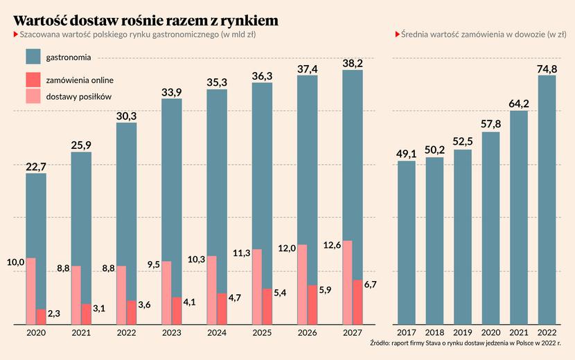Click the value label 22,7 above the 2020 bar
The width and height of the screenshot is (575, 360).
click(x=36, y=165)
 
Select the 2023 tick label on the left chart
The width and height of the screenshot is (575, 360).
click(x=171, y=333)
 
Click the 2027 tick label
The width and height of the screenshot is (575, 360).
click(x=352, y=333)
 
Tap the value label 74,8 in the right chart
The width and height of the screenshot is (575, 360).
click(x=546, y=67)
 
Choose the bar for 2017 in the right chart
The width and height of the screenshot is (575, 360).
click(x=407, y=242)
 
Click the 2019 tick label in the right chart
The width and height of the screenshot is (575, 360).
click(x=463, y=333)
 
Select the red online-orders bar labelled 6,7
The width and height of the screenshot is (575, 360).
click(x=357, y=302)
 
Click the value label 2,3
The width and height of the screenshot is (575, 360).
click(x=53, y=314)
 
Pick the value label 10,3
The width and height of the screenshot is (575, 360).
click(x=197, y=259)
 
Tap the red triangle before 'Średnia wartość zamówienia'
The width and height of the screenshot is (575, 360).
click(x=397, y=34)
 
